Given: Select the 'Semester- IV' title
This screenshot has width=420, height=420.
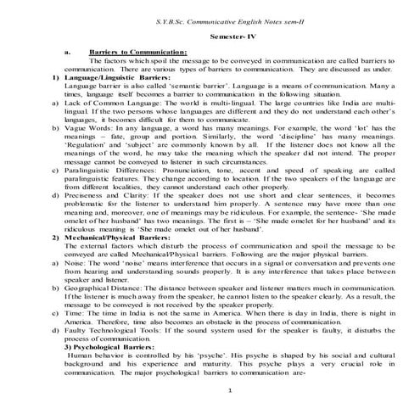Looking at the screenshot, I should (x=210, y=37).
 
